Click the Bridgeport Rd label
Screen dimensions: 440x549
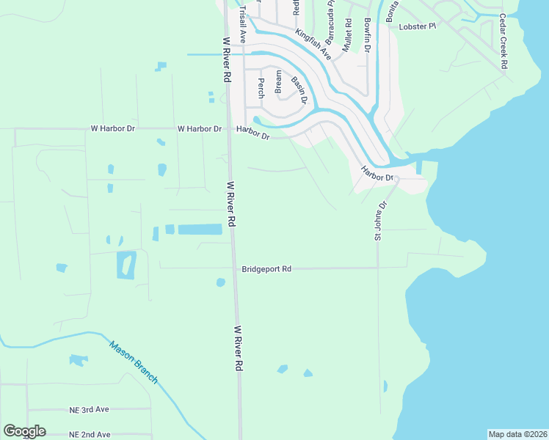[x=266, y=269]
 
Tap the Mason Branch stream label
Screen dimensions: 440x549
[x=134, y=362]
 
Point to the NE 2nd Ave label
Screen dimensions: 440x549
[x=90, y=435]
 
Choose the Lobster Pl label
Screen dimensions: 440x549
[x=418, y=26]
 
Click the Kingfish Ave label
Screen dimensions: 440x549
[x=313, y=44]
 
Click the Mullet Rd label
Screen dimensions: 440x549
[x=347, y=34]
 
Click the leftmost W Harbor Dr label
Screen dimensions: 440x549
[x=113, y=128]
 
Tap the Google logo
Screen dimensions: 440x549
[x=24, y=431]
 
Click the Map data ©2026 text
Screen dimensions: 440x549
[x=517, y=434]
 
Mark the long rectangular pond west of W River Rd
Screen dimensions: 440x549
[x=200, y=230]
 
